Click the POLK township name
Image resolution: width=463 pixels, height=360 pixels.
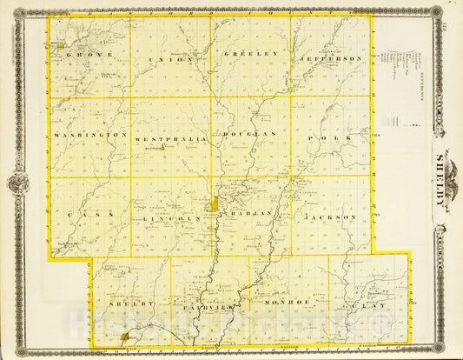pos(333,137)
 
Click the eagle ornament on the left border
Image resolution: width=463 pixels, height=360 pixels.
pos(18,183)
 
